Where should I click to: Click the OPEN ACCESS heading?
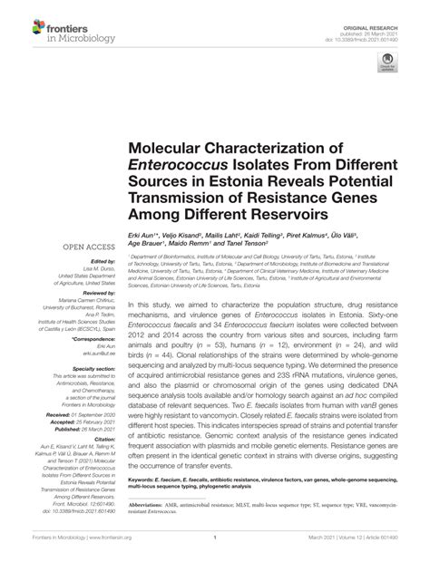click(86, 247)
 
